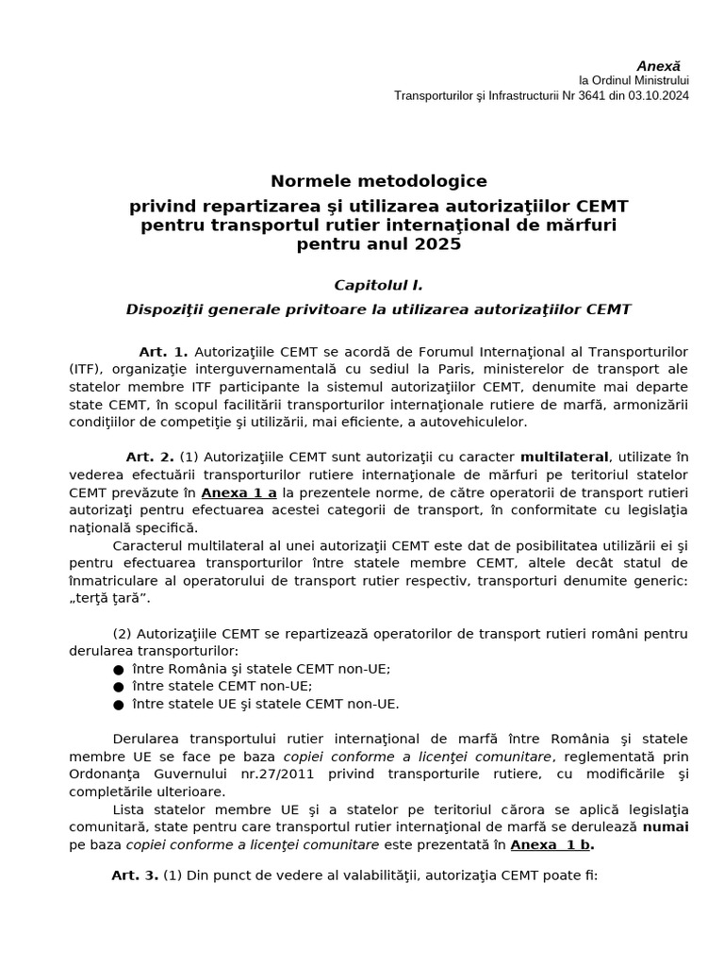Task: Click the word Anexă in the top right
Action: point(657,66)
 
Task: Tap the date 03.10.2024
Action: point(657,96)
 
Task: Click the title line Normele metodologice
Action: point(379,181)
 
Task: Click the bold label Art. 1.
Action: point(164,352)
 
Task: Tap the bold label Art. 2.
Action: point(150,457)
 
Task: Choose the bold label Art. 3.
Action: point(135,875)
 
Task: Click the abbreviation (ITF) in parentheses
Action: point(86,370)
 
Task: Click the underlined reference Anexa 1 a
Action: point(239,491)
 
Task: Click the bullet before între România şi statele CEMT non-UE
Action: point(118,669)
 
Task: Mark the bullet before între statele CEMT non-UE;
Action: point(118,686)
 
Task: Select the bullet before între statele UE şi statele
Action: point(118,704)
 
